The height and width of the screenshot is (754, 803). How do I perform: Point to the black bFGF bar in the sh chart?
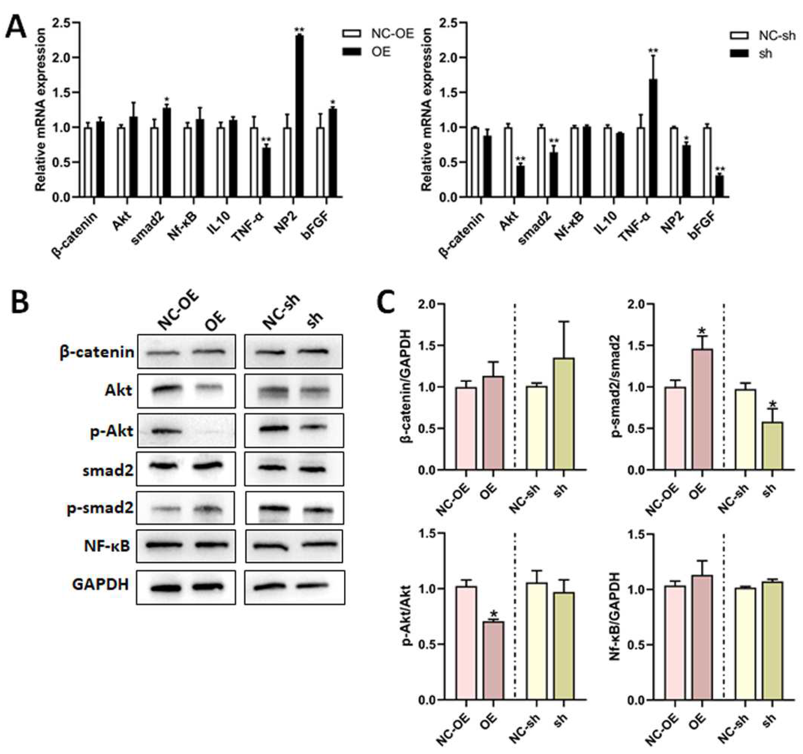coord(719,186)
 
